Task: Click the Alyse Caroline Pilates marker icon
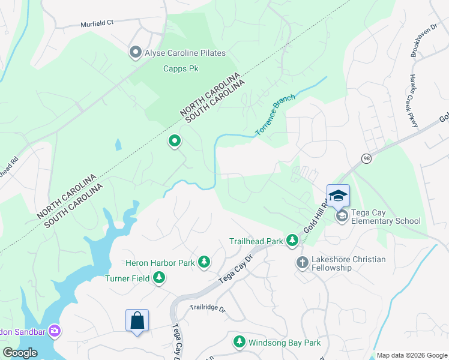click(x=136, y=53)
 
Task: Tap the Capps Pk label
click(x=181, y=68)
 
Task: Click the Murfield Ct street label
click(x=97, y=25)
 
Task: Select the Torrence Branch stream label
click(x=276, y=114)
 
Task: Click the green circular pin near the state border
click(x=175, y=141)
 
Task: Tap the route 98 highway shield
click(x=366, y=158)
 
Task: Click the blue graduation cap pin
click(x=338, y=196)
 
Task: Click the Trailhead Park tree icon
click(x=292, y=241)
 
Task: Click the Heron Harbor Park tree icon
click(x=205, y=262)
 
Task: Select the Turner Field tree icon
click(x=159, y=277)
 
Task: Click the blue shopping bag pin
click(x=137, y=320)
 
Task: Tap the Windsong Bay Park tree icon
click(x=240, y=342)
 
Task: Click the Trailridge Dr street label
click(x=207, y=309)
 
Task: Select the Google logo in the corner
click(x=20, y=352)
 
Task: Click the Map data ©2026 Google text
click(x=412, y=355)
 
